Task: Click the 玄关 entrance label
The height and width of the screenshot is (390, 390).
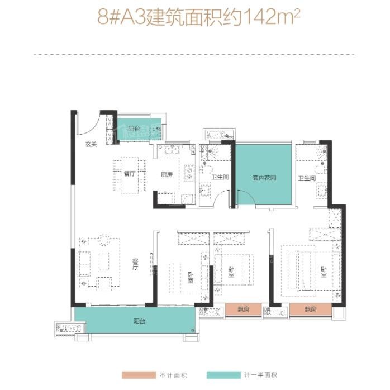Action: [x=91, y=145]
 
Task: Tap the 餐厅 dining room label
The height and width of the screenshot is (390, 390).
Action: [x=130, y=174]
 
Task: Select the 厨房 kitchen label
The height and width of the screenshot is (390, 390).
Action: [x=167, y=174]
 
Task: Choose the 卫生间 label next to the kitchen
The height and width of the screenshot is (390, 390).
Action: [x=219, y=178]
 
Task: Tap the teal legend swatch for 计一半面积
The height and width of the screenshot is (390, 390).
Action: [x=220, y=375]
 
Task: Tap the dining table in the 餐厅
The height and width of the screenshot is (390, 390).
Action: [x=130, y=174]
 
